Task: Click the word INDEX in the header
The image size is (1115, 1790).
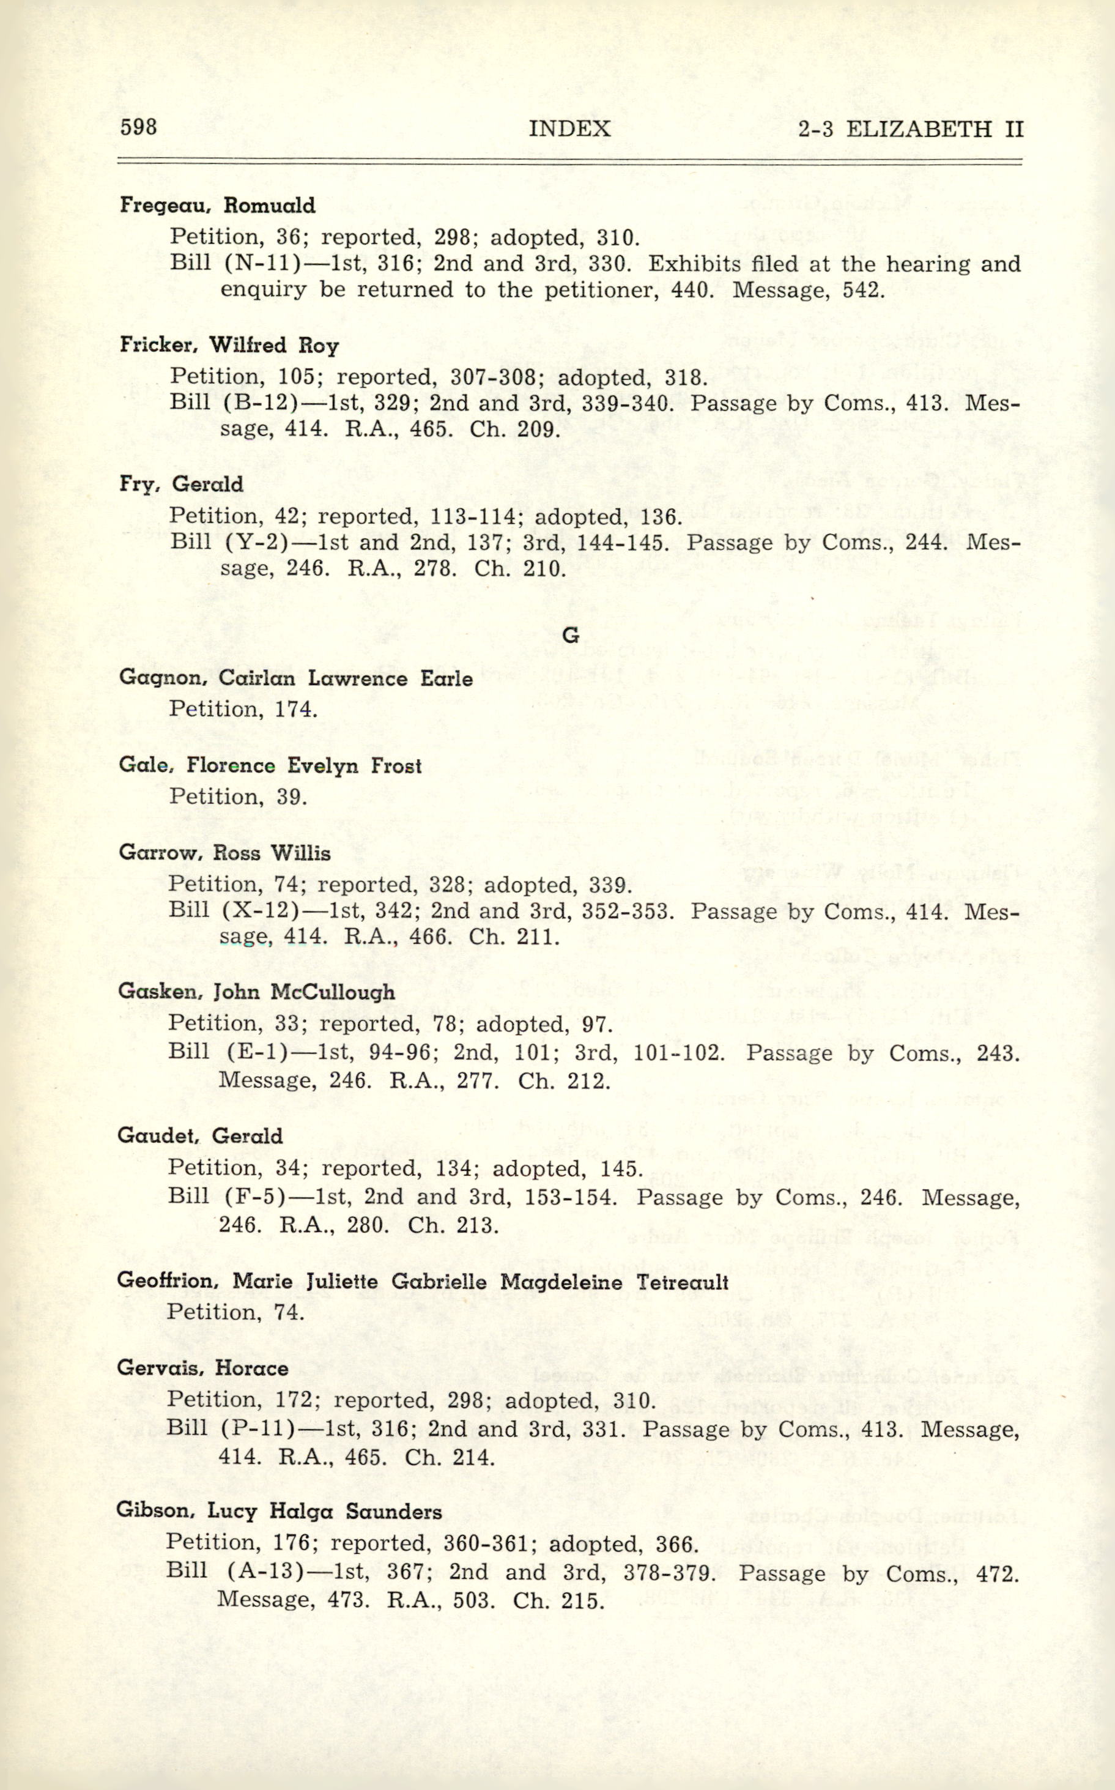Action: pos(569,129)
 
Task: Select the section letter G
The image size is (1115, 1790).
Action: pos(570,635)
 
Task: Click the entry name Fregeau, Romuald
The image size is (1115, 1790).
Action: pos(218,205)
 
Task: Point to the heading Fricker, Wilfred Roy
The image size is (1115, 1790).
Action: pos(229,345)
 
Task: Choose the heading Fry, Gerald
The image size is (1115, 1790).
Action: pos(182,485)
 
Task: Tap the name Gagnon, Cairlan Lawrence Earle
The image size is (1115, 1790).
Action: pos(295,678)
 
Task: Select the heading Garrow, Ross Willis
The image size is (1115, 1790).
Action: pos(224,853)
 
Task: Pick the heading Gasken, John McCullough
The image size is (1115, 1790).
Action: pos(256,992)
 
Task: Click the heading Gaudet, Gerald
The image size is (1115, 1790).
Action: pos(200,1136)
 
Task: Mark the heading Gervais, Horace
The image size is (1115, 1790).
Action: pos(202,1368)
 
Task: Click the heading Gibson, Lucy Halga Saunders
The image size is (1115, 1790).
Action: pos(279,1511)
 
